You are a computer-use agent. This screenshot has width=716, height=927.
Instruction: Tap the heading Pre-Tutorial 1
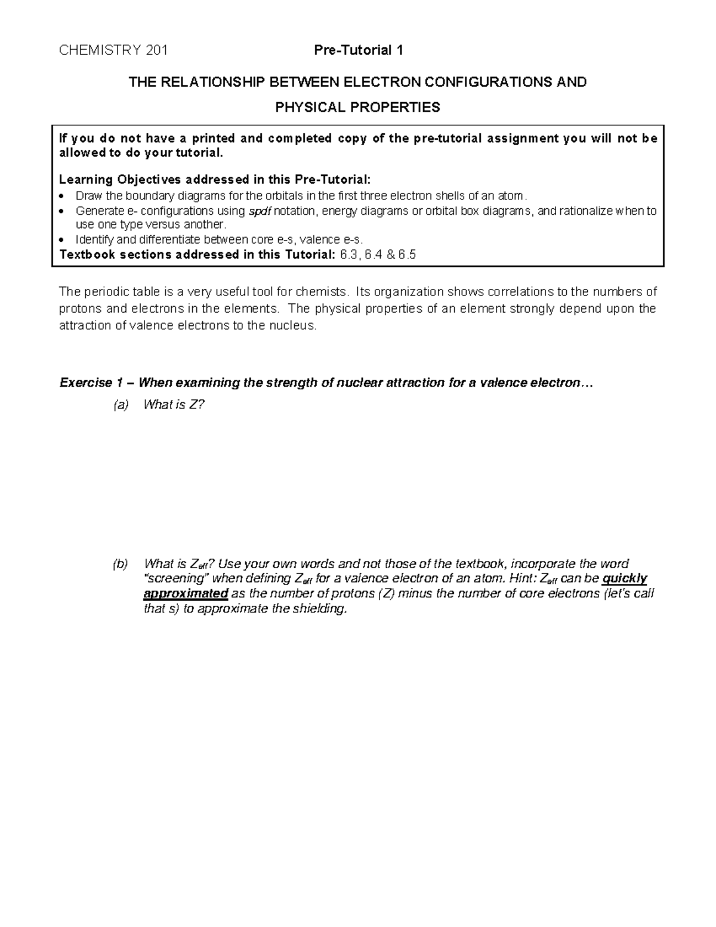click(359, 51)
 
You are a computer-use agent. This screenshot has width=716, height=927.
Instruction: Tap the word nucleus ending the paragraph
click(292, 327)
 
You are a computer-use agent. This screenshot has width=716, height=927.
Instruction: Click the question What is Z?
click(174, 405)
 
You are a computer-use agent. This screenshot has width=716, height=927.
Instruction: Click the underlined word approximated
click(186, 594)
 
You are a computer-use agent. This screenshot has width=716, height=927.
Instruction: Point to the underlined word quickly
click(625, 578)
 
